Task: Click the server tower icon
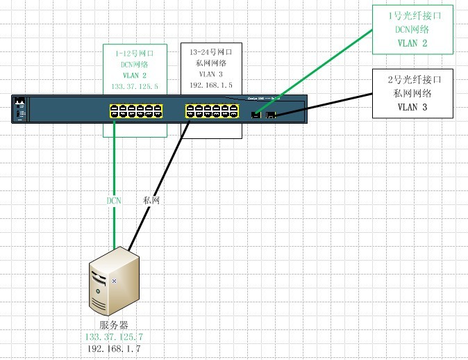[x=114, y=285]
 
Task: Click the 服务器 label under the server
[x=114, y=325]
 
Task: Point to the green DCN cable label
[x=114, y=200]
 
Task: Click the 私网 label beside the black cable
[x=151, y=200]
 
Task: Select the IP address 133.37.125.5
[x=135, y=87]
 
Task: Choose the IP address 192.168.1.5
[x=210, y=85]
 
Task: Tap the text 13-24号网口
[x=210, y=51]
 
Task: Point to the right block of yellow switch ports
[x=211, y=112]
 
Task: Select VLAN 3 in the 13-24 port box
[x=210, y=74]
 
